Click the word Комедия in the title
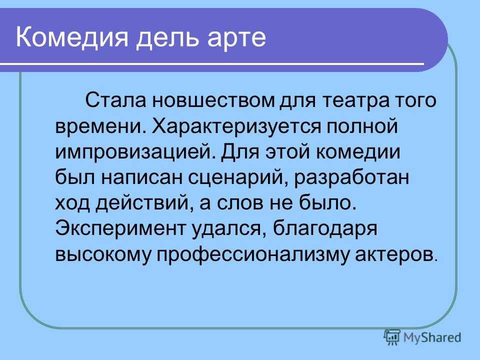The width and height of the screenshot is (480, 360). click(x=71, y=37)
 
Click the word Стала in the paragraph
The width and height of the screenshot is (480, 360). click(x=115, y=100)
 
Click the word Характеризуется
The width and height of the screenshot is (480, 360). click(x=236, y=126)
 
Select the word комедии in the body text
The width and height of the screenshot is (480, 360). click(x=358, y=152)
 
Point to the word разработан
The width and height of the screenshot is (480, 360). click(x=351, y=177)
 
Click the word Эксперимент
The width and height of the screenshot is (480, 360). click(x=120, y=228)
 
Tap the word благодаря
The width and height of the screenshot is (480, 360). click(x=325, y=228)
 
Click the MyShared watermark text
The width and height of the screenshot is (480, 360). click(x=432, y=337)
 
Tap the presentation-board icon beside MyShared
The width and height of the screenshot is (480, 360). click(x=392, y=336)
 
